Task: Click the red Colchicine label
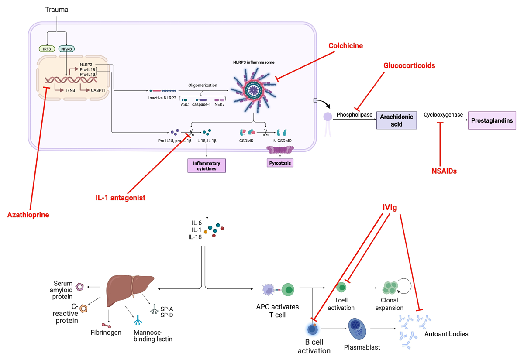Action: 345,45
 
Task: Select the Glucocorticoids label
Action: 409,65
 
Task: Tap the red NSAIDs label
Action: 444,171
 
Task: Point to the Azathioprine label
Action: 28,215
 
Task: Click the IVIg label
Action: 390,207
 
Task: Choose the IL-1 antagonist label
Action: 120,198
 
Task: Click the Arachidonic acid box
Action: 396,120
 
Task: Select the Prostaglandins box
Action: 492,120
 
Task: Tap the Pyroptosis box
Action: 280,163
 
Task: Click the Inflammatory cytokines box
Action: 207,166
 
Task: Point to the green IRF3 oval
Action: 47,49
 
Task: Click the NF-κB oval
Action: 66,49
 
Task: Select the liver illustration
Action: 130,290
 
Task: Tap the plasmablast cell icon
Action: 357,329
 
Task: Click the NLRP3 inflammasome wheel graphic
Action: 253,90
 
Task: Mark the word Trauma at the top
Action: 57,10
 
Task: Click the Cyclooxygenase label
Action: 443,114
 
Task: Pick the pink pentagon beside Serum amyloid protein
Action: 79,287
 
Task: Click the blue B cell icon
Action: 313,329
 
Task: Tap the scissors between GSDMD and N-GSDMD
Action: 265,133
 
